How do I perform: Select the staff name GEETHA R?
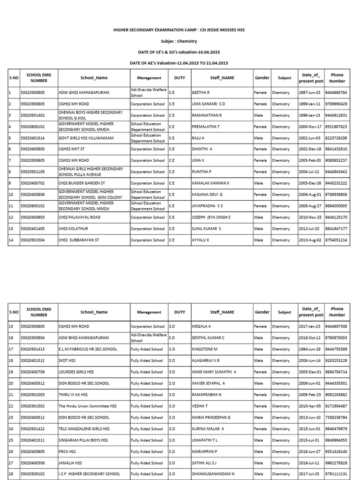click(201, 93)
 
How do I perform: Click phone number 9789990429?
click(336, 104)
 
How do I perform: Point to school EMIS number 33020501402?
click(32, 115)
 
